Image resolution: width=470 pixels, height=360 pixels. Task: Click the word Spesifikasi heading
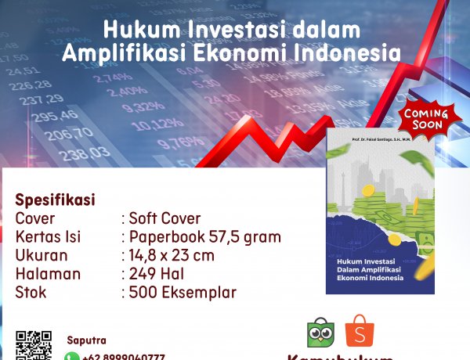(55, 200)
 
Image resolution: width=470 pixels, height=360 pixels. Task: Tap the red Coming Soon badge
(425, 120)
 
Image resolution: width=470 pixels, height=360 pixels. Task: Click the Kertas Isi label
(48, 237)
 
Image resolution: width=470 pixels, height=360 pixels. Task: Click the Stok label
(31, 293)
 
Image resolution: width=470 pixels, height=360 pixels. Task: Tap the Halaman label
(48, 275)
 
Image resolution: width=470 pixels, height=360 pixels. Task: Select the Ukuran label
(42, 256)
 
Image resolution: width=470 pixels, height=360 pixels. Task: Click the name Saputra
(86, 340)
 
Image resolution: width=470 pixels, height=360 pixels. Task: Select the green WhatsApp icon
(71, 356)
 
